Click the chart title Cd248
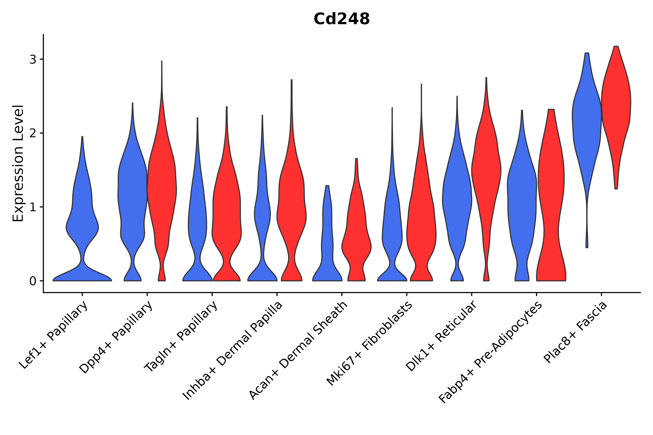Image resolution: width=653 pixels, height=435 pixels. tap(341, 19)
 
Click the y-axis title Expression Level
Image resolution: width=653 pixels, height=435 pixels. tap(18, 163)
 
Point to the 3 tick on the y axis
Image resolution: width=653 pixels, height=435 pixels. tap(33, 60)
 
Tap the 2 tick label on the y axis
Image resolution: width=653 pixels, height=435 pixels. tap(33, 133)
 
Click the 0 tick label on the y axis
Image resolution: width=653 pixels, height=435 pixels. tap(33, 281)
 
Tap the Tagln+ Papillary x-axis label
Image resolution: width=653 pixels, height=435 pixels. tap(181, 336)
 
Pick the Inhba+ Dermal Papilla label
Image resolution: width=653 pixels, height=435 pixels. tap(233, 351)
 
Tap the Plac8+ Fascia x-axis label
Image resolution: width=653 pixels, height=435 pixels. tap(576, 333)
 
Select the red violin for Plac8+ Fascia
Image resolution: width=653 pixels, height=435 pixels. tap(616, 105)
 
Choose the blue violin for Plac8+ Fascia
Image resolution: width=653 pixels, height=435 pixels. tap(586, 116)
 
